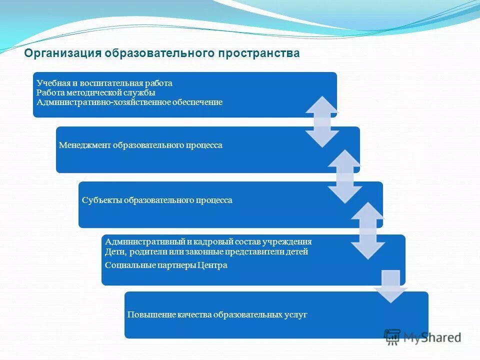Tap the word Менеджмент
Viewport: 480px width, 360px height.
(84, 145)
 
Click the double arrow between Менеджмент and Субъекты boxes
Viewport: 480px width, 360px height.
(345, 176)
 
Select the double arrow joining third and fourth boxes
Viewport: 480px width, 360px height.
(367, 230)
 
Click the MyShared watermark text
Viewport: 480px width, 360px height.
(432, 337)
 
